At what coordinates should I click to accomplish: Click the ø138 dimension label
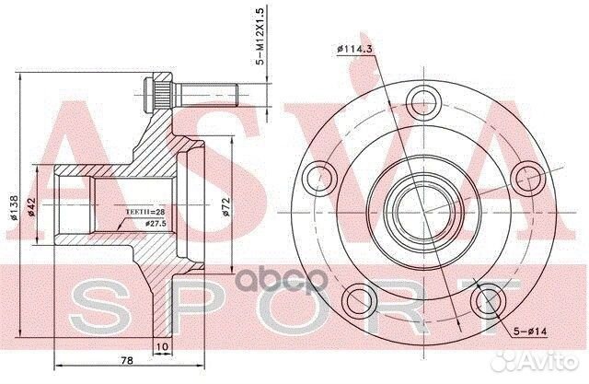[x=14, y=207]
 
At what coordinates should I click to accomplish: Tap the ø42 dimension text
[x=31, y=207]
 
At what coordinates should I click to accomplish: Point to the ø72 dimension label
[x=226, y=207]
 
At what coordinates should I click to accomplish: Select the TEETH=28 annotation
[x=144, y=212]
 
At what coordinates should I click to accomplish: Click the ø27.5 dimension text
[x=156, y=224]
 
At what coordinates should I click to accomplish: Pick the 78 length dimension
[x=127, y=361]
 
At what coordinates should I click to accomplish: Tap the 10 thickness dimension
[x=163, y=346]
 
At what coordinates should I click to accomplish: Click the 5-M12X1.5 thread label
[x=260, y=36]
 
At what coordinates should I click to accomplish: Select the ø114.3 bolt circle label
[x=354, y=49]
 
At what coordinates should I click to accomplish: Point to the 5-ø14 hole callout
[x=530, y=332]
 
